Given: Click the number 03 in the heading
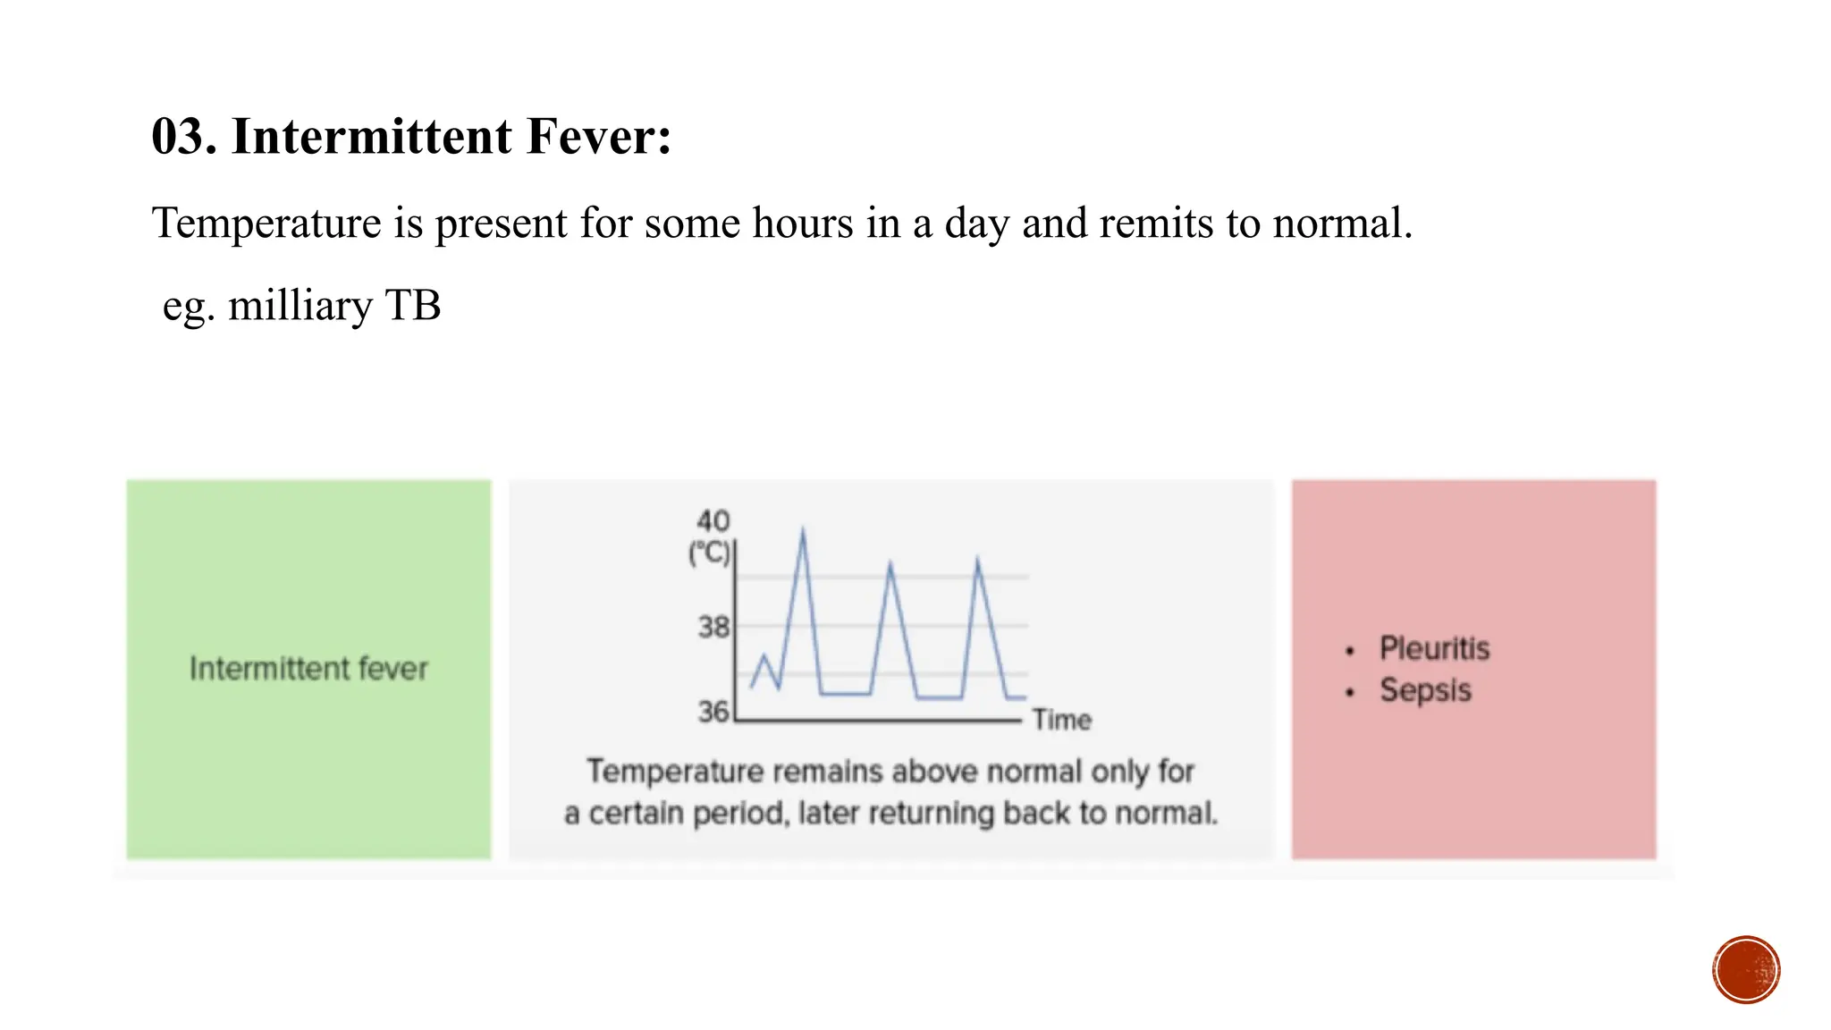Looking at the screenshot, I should click(x=181, y=137).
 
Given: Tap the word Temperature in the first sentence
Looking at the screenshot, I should click(x=266, y=223).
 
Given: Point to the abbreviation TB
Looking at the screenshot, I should click(x=412, y=305).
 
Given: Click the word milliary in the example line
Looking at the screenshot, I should click(x=300, y=306).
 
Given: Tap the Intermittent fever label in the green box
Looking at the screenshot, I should click(x=308, y=669).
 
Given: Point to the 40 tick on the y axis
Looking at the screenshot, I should click(x=713, y=521).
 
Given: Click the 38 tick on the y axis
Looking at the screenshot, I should click(x=713, y=627).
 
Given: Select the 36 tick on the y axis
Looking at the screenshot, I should click(x=713, y=712).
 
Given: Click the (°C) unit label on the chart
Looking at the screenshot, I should click(x=709, y=553).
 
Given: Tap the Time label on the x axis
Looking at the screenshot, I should click(x=1062, y=720).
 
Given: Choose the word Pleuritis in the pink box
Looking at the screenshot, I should click(x=1434, y=648).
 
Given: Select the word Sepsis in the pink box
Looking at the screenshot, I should click(x=1425, y=690).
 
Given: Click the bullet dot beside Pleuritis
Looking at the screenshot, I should click(x=1350, y=651).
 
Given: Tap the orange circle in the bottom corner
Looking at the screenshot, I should click(x=1746, y=970).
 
